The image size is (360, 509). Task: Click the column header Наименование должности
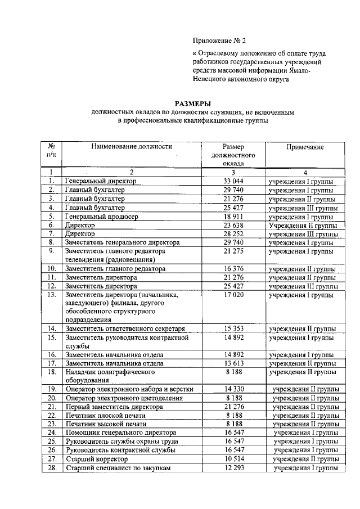pyautogui.click(x=132, y=146)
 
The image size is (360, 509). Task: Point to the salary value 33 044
pyautogui.click(x=233, y=181)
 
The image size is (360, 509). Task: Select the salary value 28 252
pyautogui.click(x=233, y=233)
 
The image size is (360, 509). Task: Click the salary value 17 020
pyautogui.click(x=233, y=295)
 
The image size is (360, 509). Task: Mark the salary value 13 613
pyautogui.click(x=233, y=363)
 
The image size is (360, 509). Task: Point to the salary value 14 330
pyautogui.click(x=233, y=389)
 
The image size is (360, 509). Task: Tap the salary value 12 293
pyautogui.click(x=233, y=467)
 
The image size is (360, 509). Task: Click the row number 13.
pyautogui.click(x=51, y=295)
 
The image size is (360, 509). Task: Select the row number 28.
pyautogui.click(x=51, y=467)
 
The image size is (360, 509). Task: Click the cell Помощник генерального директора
pyautogui.click(x=121, y=433)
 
